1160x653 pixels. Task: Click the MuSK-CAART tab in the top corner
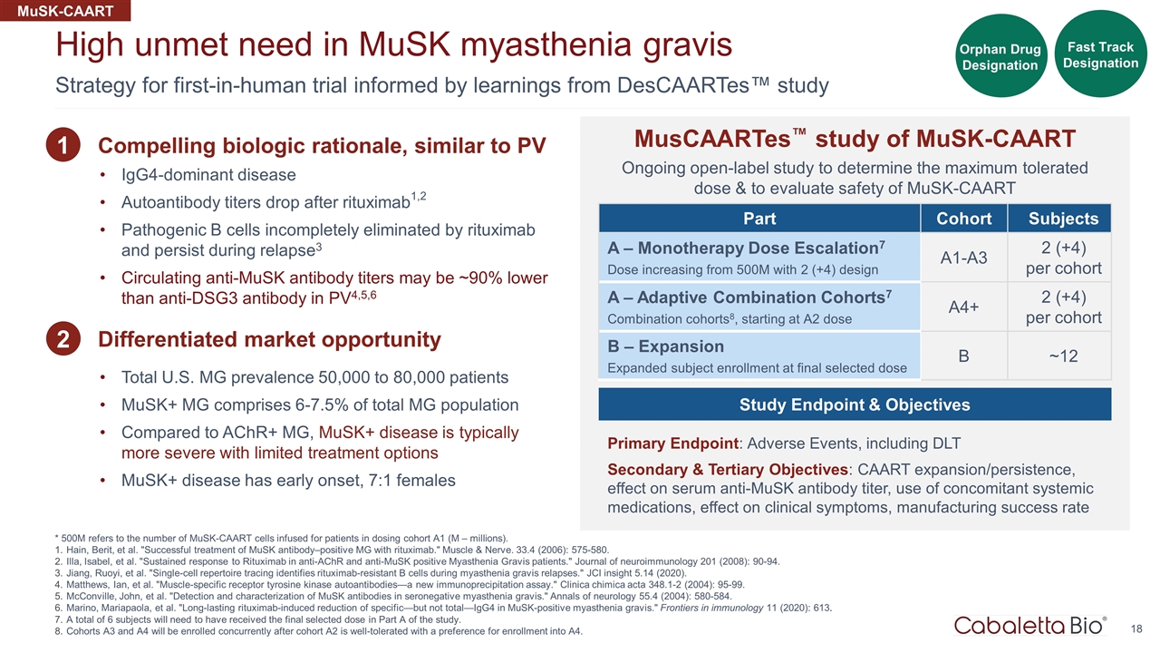[x=65, y=11]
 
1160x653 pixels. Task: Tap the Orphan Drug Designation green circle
[x=1000, y=56]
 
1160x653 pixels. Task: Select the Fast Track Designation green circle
[x=1100, y=54]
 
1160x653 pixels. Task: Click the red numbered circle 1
[x=64, y=146]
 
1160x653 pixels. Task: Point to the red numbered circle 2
[x=64, y=340]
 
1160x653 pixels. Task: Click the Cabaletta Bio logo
[x=1029, y=625]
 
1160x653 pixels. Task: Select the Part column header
[x=759, y=219]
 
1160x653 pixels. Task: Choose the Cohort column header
[x=963, y=219]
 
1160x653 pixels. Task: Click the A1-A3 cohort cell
[x=963, y=258]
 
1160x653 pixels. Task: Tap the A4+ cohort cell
[x=963, y=307]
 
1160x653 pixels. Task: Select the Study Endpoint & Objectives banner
[x=855, y=404]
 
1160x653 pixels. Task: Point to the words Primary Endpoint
[x=673, y=443]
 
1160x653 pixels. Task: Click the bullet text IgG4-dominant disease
[x=208, y=174]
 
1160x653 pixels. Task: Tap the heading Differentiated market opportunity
[x=269, y=340]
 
